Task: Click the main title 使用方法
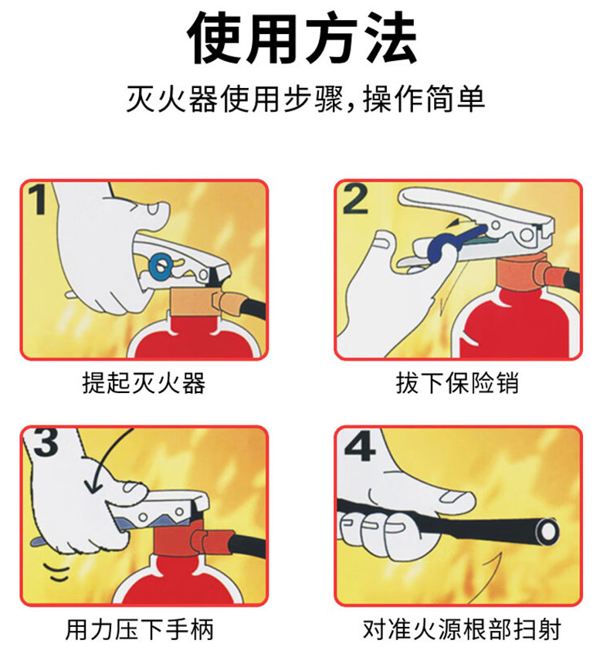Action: click(302, 38)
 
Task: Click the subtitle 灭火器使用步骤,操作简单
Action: click(306, 100)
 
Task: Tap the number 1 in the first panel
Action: click(39, 200)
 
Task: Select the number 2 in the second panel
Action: click(355, 199)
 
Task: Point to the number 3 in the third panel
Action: click(46, 442)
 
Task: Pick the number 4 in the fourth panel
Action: click(360, 446)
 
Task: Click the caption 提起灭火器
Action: click(144, 383)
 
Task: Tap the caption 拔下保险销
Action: click(457, 383)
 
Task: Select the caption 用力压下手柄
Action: click(140, 629)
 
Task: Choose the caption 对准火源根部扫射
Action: click(462, 629)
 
